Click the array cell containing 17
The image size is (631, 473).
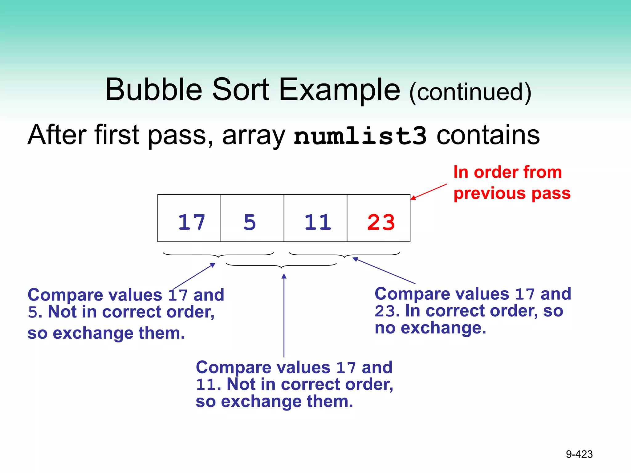[189, 218]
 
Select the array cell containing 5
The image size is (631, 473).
[252, 218]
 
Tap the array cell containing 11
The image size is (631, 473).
[315, 218]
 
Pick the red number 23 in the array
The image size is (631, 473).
[381, 222]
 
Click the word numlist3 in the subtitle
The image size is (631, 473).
[360, 136]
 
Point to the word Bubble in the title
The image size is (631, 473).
[153, 90]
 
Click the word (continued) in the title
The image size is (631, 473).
[470, 92]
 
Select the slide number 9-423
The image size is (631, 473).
[579, 454]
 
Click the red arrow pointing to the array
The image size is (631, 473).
[429, 192]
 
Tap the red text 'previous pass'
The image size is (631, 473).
[512, 194]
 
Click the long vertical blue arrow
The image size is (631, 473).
[284, 316]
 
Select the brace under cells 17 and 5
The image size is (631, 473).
[218, 255]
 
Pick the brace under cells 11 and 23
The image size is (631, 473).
[344, 255]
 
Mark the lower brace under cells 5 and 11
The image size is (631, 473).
[281, 266]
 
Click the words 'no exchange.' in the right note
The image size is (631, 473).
[430, 328]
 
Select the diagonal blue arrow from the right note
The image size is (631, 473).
[384, 271]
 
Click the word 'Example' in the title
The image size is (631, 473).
[339, 90]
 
